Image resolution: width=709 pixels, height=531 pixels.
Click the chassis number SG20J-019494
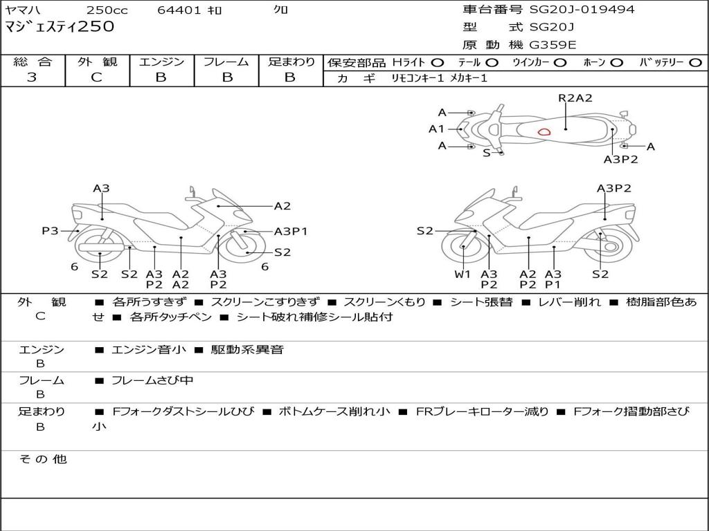pos(582,10)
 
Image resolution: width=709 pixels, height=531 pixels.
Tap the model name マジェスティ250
pos(60,27)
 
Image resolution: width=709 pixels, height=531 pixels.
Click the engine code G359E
pos(553,45)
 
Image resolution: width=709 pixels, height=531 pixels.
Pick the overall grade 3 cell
pos(32,77)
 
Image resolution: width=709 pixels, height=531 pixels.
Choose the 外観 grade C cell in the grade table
pos(97,77)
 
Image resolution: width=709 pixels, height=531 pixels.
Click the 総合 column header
pos(33,62)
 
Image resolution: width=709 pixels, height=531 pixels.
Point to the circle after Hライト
pos(437,63)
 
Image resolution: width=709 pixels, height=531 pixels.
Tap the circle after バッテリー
pos(695,63)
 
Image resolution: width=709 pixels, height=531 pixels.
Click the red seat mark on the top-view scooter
pos(544,131)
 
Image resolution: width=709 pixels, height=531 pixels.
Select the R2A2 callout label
pos(575,98)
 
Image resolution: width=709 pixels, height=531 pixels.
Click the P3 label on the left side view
pos(50,231)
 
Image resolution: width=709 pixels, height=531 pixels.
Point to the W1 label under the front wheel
pos(463,274)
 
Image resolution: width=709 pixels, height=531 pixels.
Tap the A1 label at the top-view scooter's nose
pos(436,129)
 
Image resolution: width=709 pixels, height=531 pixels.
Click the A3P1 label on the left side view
pos(291,232)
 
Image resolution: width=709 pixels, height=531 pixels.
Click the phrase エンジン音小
pos(149,350)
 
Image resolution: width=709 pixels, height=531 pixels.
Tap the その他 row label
pos(42,459)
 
